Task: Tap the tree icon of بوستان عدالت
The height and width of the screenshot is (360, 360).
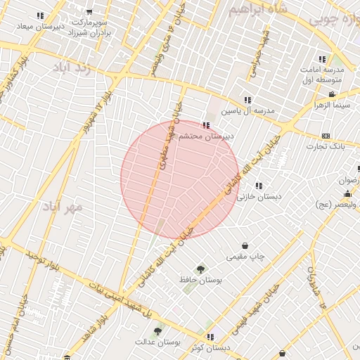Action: click(x=157, y=330)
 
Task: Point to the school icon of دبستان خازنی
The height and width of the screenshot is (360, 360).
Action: click(x=259, y=186)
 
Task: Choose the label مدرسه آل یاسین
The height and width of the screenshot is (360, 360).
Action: click(x=247, y=111)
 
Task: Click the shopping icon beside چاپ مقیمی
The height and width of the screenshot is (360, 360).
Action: click(x=245, y=246)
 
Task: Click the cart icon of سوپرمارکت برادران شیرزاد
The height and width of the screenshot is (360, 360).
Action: click(x=89, y=12)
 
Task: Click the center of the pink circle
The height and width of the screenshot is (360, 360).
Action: click(x=180, y=179)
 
